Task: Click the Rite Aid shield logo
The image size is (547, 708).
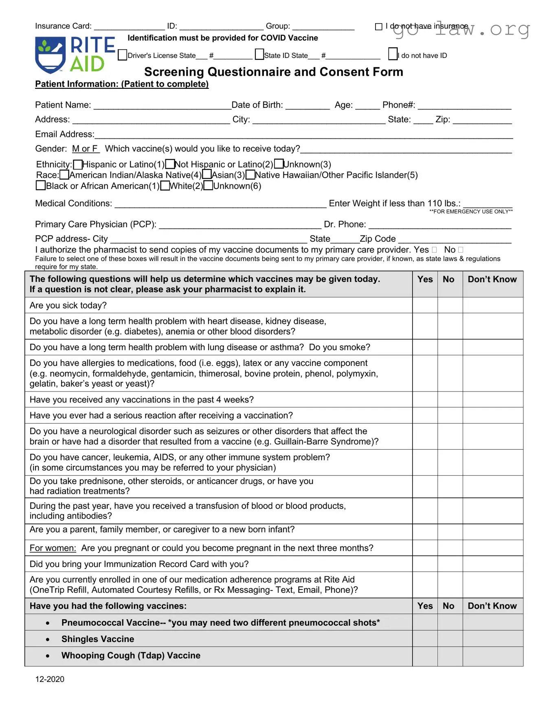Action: point(50,55)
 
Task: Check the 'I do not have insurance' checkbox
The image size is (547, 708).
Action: point(378,26)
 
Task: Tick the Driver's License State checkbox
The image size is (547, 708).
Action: point(122,55)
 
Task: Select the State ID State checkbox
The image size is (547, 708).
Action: point(259,54)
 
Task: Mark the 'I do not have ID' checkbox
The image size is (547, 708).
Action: point(393,54)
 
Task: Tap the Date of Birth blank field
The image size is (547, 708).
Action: point(308,106)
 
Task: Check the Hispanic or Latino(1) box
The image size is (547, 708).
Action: point(78,164)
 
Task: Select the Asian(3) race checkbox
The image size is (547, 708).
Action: point(207,175)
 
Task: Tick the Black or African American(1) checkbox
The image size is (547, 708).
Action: point(41,186)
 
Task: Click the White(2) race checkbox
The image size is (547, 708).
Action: point(165,186)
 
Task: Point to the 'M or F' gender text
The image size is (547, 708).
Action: point(85,149)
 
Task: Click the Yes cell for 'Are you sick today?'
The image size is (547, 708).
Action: point(425,305)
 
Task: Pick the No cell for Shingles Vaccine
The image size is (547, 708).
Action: point(450,639)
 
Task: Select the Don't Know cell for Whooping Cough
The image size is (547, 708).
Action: point(492,656)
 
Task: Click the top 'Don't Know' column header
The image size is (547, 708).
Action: point(492,279)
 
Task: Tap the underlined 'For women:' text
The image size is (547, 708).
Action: point(53,548)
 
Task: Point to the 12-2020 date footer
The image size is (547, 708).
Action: point(50,679)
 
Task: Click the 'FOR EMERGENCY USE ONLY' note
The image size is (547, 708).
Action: point(471,211)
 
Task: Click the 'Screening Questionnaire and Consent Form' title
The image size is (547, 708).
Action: point(273,72)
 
